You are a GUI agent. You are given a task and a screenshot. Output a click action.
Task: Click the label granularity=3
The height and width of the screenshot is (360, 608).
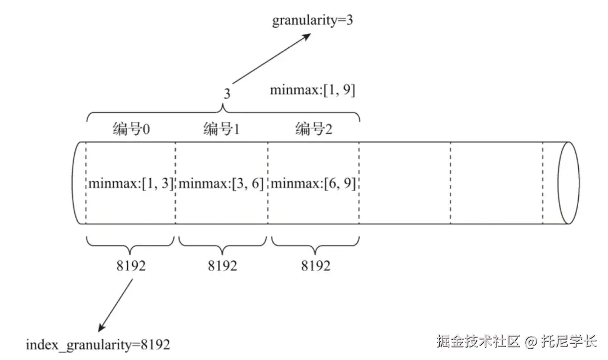[313, 21]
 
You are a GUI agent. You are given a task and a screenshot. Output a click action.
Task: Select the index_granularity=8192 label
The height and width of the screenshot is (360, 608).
[98, 344]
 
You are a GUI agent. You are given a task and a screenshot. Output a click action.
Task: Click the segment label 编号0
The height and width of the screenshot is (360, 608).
[130, 130]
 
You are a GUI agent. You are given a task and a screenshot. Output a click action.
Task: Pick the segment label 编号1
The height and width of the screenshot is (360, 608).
[222, 130]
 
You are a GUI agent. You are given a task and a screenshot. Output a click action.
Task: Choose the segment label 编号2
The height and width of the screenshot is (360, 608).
[314, 130]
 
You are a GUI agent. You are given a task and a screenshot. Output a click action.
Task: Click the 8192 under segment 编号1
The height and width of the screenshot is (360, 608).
[222, 265]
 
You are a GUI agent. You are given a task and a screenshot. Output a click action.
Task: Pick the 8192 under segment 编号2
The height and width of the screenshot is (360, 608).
[315, 265]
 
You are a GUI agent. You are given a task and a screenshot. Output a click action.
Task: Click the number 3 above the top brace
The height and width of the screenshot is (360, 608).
[227, 94]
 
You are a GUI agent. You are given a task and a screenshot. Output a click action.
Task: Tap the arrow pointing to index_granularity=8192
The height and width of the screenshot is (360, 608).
[117, 304]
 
